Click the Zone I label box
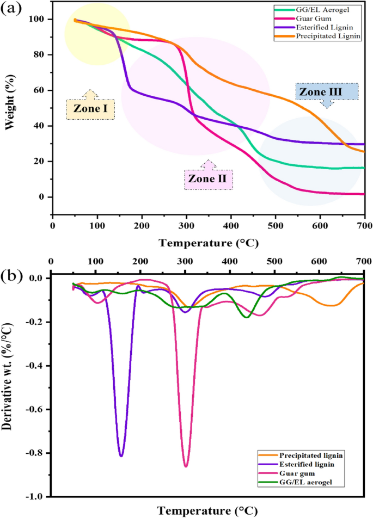(x=90, y=109)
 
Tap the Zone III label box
(x=320, y=92)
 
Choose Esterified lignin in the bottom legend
(x=305, y=465)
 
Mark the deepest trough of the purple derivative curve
(x=121, y=455)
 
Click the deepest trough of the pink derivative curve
(x=186, y=466)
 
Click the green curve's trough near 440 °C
(x=247, y=317)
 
